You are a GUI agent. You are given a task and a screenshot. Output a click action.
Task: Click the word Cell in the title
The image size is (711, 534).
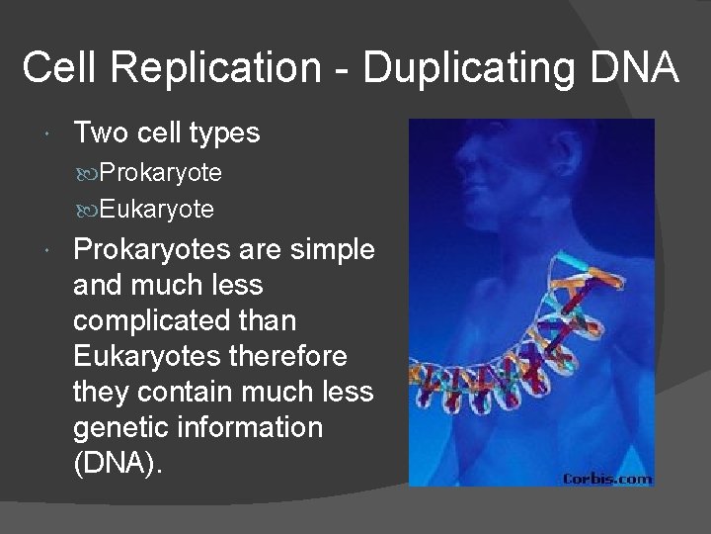pyautogui.click(x=61, y=69)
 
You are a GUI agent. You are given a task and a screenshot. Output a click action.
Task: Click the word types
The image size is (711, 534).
pyautogui.click(x=224, y=133)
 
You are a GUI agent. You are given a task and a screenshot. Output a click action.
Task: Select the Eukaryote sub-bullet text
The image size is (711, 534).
pyautogui.click(x=156, y=210)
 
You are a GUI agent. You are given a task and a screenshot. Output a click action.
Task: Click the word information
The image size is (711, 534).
pyautogui.click(x=256, y=428)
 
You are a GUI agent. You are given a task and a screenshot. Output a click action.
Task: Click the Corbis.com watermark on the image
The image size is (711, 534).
pyautogui.click(x=606, y=479)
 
